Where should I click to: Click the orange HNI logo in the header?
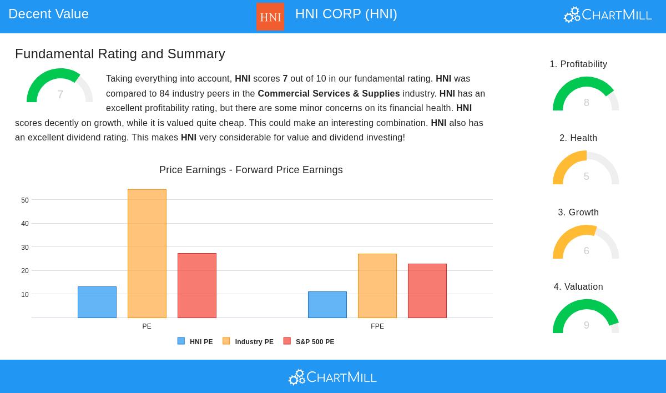(270, 17)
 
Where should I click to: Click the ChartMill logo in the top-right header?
(608, 14)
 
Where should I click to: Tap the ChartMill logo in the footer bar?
(332, 377)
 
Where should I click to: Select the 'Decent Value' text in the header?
(48, 14)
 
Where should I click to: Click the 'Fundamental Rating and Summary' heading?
(120, 54)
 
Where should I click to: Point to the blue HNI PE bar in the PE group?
(97, 302)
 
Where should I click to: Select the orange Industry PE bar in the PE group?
(147, 254)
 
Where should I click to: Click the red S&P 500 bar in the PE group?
(197, 285)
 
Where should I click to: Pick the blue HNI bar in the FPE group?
(327, 305)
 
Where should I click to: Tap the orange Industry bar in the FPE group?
(377, 286)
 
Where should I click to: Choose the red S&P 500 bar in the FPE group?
(427, 291)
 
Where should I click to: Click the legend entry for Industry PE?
(248, 342)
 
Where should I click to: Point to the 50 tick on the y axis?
(25, 200)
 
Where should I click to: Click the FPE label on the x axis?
(377, 326)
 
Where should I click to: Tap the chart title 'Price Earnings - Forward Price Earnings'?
(251, 170)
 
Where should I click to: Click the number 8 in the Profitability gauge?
(586, 103)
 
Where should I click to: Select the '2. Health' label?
(578, 138)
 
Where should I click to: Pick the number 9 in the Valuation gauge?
(586, 325)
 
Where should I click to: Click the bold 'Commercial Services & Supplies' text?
(329, 93)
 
